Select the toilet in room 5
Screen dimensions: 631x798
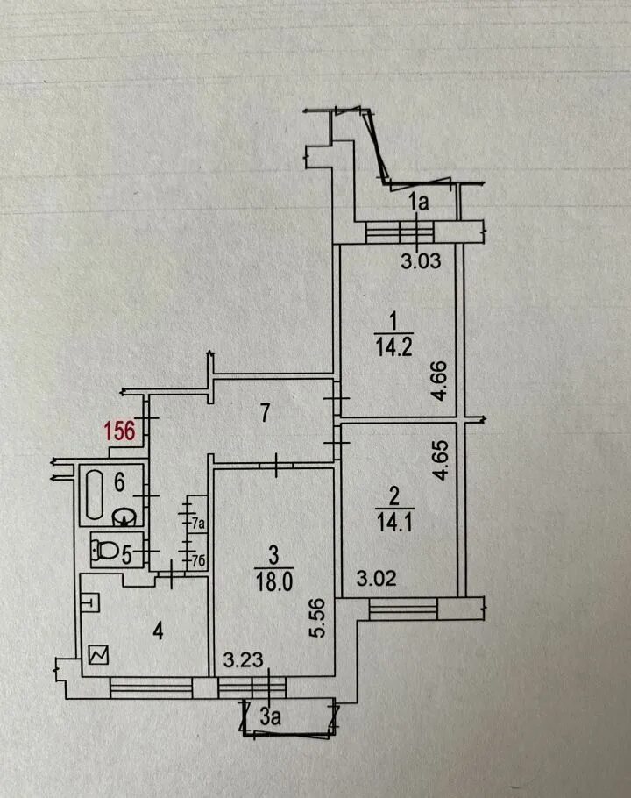pos(106,552)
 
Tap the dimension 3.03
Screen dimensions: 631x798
pos(420,260)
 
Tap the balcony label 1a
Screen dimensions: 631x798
pos(420,204)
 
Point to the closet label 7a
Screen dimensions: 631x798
pos(199,524)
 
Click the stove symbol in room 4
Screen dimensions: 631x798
pos(96,654)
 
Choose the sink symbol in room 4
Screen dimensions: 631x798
pos(91,602)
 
